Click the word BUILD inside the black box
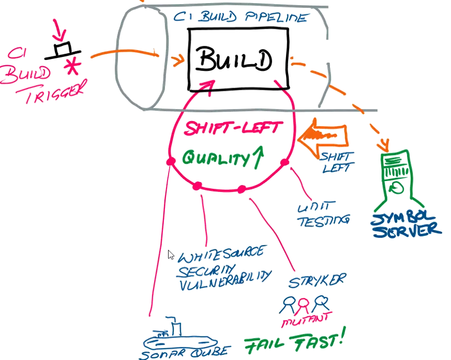(235, 61)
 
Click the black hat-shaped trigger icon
(64, 50)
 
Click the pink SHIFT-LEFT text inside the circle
(234, 127)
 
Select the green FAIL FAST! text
(294, 342)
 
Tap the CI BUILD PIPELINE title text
(240, 18)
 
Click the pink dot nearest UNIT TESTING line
(284, 162)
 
